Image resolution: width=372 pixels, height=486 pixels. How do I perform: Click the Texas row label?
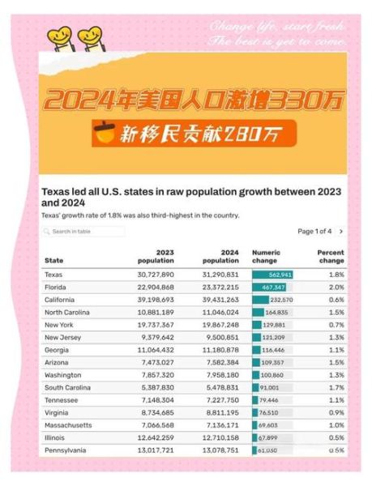(54, 275)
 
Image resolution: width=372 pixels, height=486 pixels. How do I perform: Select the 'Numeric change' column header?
(266, 257)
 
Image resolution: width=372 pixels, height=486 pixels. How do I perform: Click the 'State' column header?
(53, 261)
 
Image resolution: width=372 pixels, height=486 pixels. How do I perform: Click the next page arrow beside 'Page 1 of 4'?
(341, 232)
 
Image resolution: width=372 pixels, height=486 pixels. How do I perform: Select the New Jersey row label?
(62, 337)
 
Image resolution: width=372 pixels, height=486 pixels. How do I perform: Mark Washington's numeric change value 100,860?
(274, 375)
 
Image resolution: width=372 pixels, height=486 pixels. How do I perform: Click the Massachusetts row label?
(68, 424)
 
